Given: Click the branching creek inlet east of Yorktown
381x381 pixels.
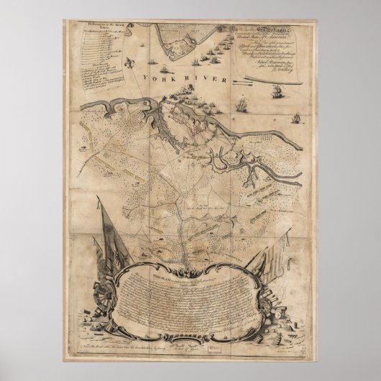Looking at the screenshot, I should pos(252,173).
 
